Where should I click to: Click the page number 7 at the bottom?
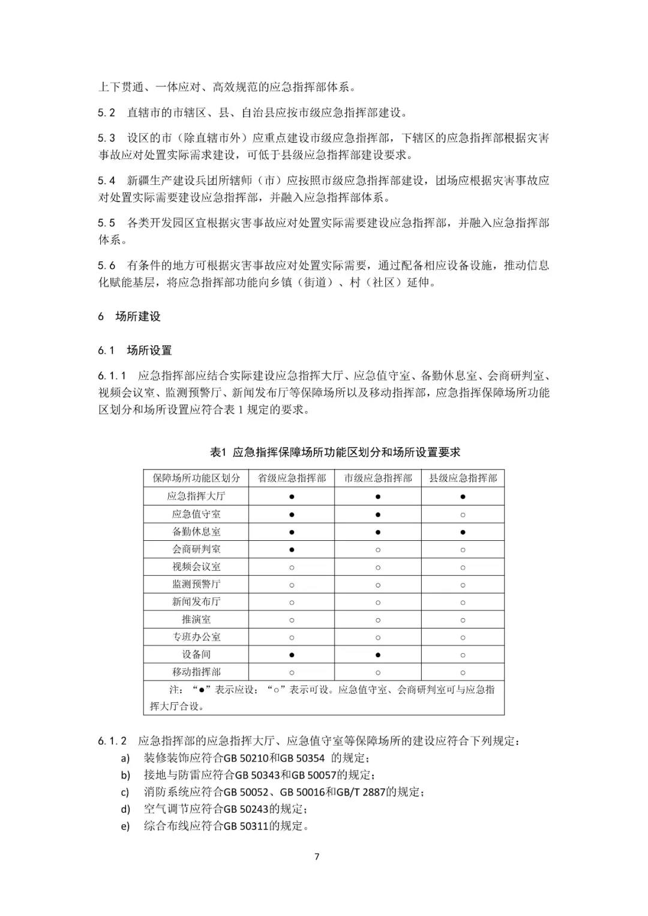click(x=317, y=857)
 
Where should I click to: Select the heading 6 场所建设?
click(x=130, y=316)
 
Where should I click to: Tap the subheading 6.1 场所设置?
click(x=135, y=350)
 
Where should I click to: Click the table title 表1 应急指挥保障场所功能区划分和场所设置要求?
click(x=335, y=452)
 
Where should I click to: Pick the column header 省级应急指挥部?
click(x=292, y=478)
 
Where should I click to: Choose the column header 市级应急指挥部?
click(x=378, y=478)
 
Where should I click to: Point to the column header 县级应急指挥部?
click(x=463, y=478)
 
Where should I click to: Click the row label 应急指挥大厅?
click(x=196, y=496)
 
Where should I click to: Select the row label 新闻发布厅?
click(x=196, y=601)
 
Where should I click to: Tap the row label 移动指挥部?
click(x=196, y=672)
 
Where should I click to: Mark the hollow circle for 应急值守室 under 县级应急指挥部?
click(x=463, y=514)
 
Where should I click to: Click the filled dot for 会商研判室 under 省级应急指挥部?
click(x=292, y=549)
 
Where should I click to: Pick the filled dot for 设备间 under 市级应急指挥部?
click(x=378, y=655)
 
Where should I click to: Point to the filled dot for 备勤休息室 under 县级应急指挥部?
click(x=463, y=532)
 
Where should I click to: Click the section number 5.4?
click(x=107, y=181)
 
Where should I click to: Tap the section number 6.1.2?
click(x=112, y=741)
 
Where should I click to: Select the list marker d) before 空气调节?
click(x=125, y=809)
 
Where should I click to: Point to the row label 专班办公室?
click(x=196, y=637)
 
